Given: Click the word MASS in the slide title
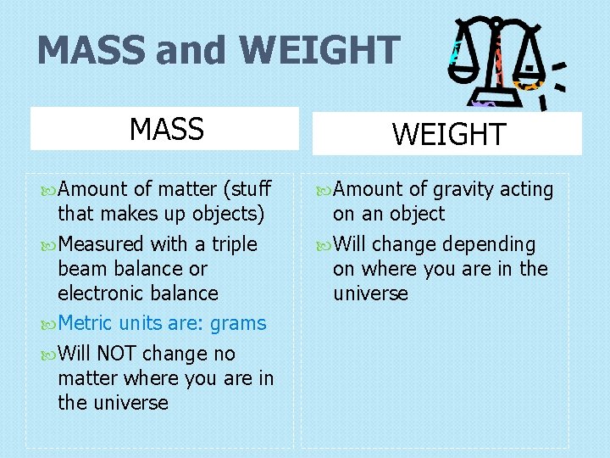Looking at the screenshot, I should (x=91, y=50).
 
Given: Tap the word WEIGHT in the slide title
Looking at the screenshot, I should (x=319, y=50).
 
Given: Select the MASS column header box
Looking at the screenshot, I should (x=165, y=129).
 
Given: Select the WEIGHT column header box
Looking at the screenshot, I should (x=447, y=134).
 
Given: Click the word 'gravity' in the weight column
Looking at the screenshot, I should (x=463, y=190).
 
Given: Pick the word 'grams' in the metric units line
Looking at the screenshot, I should (x=238, y=323).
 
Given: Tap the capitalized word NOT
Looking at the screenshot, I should (x=118, y=353).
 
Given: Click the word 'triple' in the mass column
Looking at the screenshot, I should (x=234, y=244).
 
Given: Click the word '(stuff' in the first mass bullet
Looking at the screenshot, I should (x=245, y=189).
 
